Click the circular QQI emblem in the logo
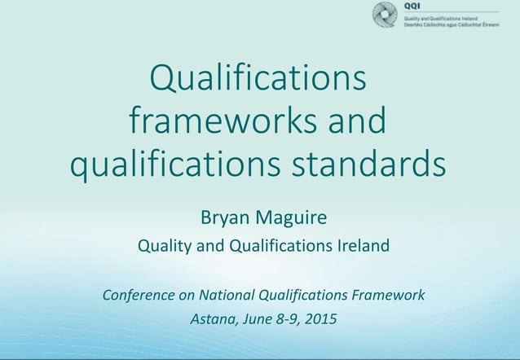[x=385, y=15]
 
